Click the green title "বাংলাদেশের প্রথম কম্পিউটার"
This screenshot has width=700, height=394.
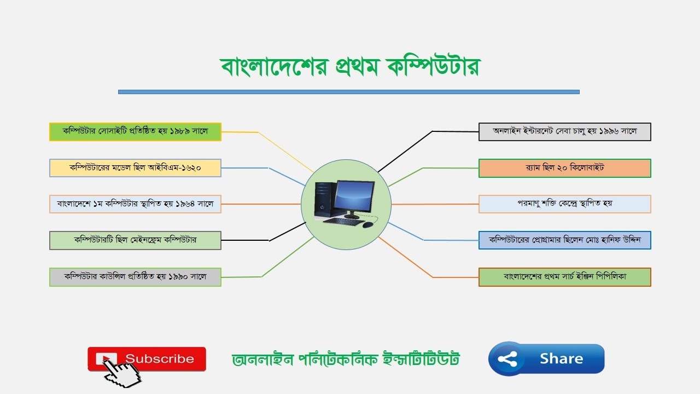(x=350, y=66)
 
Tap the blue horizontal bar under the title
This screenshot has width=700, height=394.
(x=348, y=92)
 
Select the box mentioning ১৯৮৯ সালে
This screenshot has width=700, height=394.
(x=135, y=132)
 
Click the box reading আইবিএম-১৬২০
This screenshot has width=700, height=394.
(x=135, y=168)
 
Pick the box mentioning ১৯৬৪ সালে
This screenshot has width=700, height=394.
(x=135, y=204)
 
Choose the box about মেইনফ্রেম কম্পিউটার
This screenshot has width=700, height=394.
(x=135, y=240)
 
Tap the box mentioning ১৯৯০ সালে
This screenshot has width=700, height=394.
(x=135, y=277)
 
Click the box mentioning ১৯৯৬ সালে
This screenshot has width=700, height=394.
(x=564, y=132)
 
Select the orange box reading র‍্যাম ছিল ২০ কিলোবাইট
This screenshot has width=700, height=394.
(x=564, y=168)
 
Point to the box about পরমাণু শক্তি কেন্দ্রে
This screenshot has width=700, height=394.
(x=564, y=204)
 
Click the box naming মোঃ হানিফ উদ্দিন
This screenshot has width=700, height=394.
(x=564, y=240)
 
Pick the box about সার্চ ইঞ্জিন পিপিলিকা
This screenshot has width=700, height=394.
(x=564, y=277)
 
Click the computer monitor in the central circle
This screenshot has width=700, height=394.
(x=354, y=197)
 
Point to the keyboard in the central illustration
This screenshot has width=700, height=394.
(x=343, y=222)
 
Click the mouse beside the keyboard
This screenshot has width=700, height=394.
(x=367, y=224)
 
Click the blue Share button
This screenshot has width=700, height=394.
(x=546, y=359)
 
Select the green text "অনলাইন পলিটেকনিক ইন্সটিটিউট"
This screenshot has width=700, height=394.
(x=346, y=360)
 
